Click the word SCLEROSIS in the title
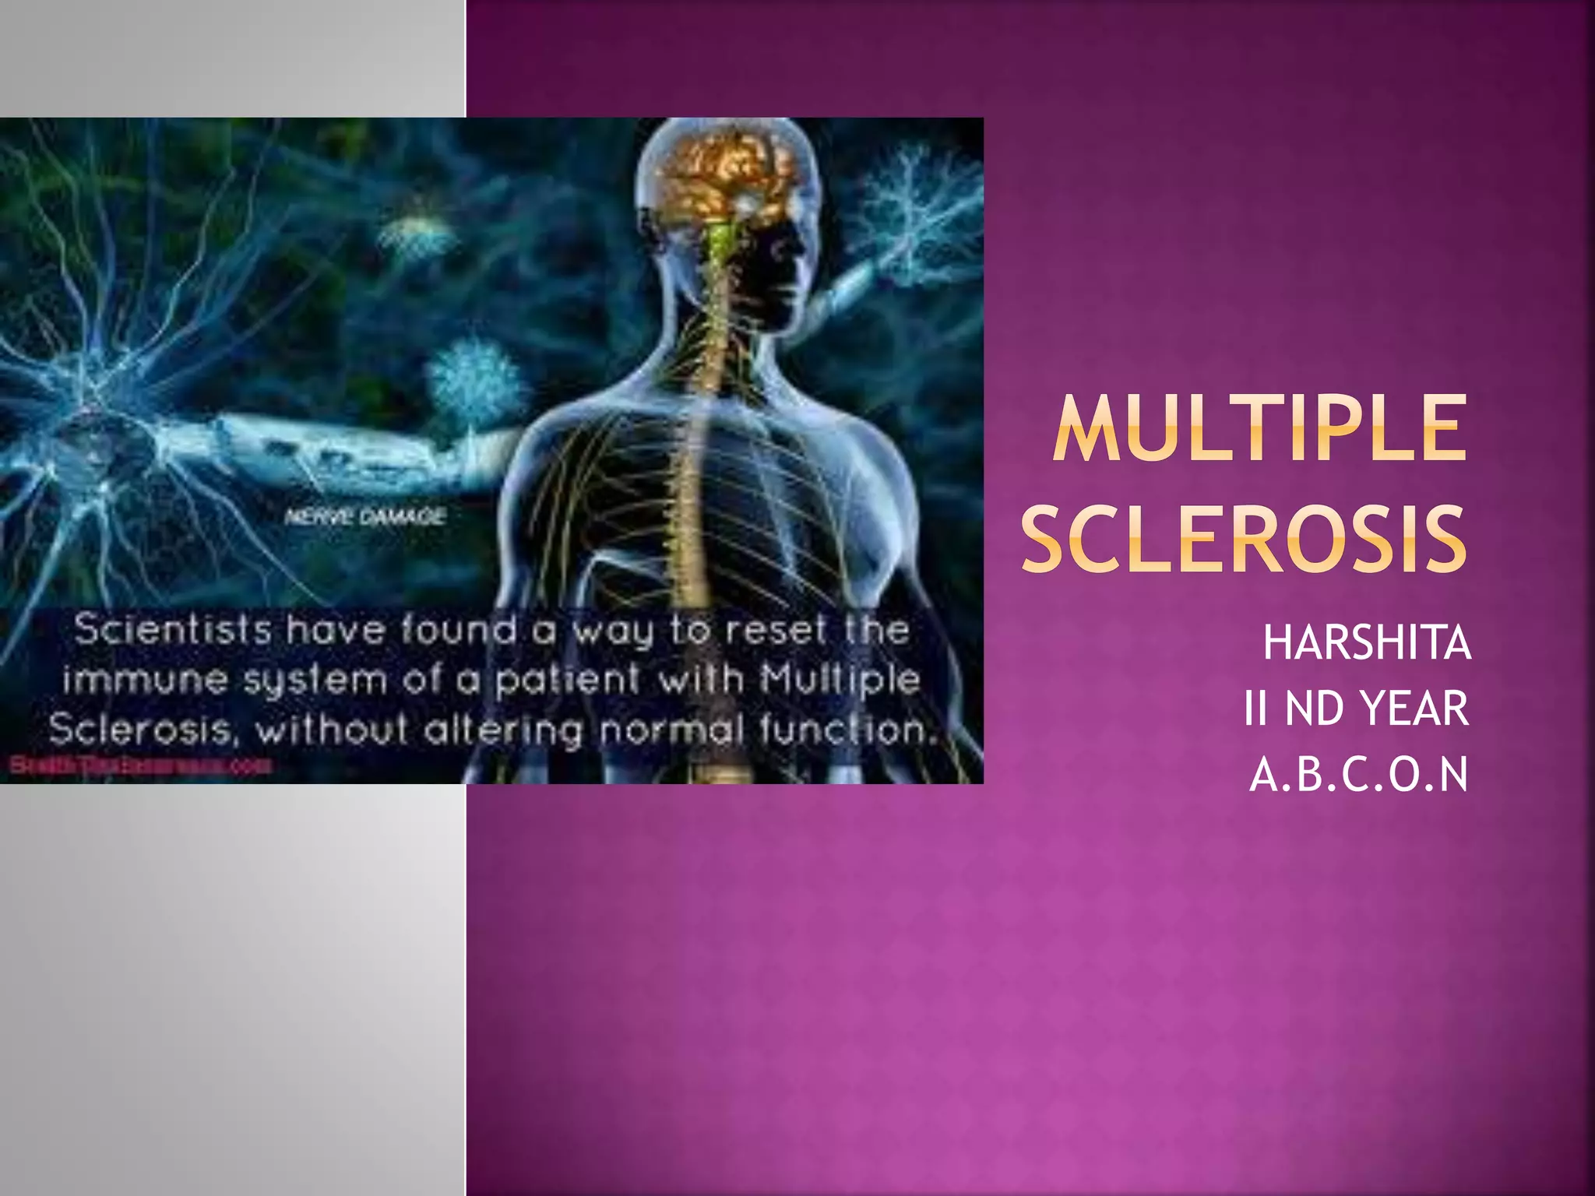[1244, 538]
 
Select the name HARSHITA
[1366, 643]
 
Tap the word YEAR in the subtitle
[1414, 709]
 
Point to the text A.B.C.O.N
[1359, 775]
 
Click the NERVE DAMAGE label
[365, 516]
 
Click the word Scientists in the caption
[173, 629]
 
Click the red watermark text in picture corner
[140, 766]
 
